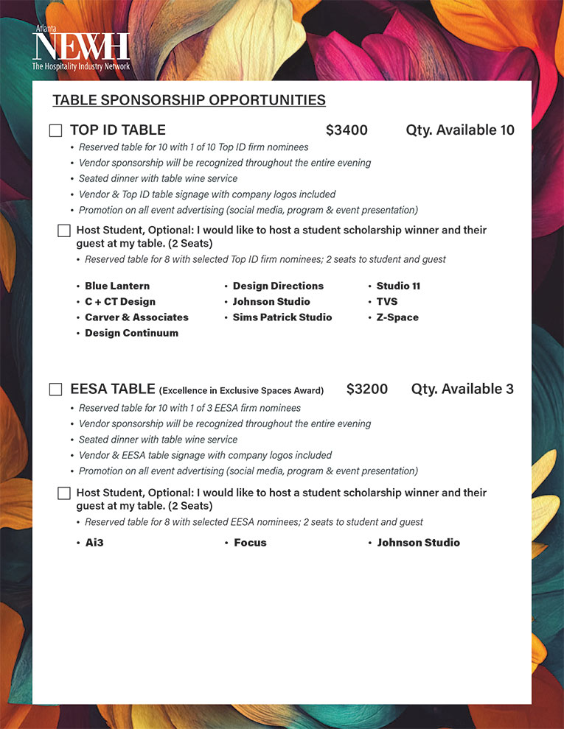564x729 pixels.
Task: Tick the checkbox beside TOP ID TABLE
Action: tap(55, 130)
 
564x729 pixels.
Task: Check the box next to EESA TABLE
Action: tap(55, 390)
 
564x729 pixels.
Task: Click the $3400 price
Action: tap(347, 130)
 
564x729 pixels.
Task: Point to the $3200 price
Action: tap(367, 389)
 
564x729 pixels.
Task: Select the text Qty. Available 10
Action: tap(460, 130)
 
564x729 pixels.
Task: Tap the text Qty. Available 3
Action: tap(462, 389)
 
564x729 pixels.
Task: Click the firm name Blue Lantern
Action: tap(117, 286)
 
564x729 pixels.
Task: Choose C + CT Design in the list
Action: tap(120, 302)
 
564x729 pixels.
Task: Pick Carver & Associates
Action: tap(136, 317)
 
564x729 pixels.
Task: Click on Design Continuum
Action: tap(131, 333)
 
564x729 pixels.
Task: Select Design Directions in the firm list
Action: tap(278, 286)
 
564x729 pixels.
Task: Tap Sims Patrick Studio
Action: tap(282, 317)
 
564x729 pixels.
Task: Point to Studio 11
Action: tap(398, 286)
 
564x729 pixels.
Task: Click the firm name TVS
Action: tap(387, 302)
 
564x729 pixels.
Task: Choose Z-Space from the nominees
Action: tap(397, 317)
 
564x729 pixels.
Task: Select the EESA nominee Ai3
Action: tap(94, 543)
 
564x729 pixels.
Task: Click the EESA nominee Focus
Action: tap(250, 543)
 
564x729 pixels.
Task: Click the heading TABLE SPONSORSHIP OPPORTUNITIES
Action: tap(189, 100)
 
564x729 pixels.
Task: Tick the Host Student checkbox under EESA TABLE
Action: tap(64, 493)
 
